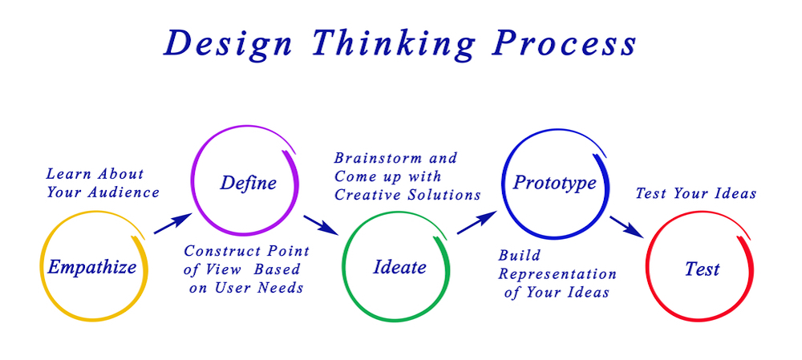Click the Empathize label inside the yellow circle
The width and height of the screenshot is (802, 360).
91,267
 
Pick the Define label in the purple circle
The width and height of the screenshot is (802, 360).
248,183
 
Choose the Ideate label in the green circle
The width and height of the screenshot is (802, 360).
399,267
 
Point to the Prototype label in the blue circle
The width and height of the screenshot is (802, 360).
554,183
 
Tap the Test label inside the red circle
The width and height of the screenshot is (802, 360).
702,269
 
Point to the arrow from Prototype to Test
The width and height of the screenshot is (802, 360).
626,225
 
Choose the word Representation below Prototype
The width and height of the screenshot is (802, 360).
557,273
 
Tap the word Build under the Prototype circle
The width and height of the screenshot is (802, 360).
519,255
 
